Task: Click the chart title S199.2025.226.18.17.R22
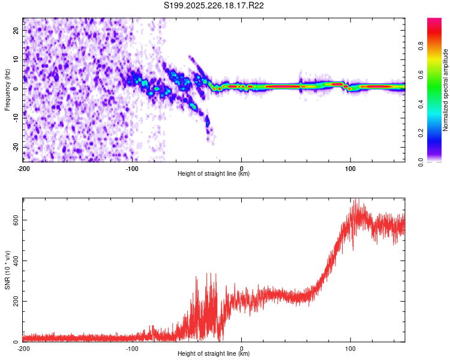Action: [x=214, y=5]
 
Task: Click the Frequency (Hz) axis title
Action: [x=7, y=89]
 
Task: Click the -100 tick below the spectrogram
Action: [x=132, y=167]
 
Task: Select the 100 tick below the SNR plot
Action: [x=350, y=348]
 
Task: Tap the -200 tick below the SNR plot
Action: [x=23, y=348]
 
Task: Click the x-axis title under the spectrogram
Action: [x=214, y=174]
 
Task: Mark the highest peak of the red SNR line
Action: [x=357, y=200]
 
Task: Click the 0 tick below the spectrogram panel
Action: [x=241, y=167]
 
